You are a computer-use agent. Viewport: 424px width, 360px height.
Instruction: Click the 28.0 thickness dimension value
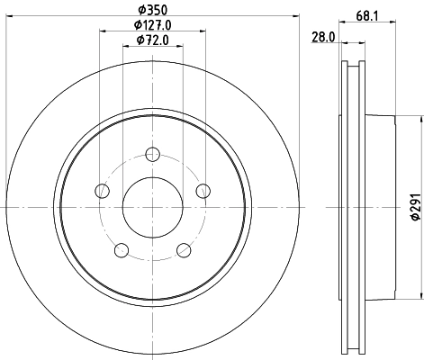pyautogui.click(x=323, y=37)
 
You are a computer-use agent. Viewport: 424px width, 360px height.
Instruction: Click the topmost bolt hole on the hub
pyautogui.click(x=153, y=153)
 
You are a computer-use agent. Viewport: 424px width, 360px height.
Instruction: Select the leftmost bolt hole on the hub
pyautogui.click(x=103, y=190)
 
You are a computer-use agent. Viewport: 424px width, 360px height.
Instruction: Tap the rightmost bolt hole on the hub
pyautogui.click(x=203, y=190)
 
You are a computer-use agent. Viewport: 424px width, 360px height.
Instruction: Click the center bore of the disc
pyautogui.click(x=153, y=206)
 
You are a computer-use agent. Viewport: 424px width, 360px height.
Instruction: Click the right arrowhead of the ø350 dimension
pyautogui.click(x=298, y=18)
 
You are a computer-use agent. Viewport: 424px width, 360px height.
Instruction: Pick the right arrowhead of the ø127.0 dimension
pyautogui.click(x=203, y=32)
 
